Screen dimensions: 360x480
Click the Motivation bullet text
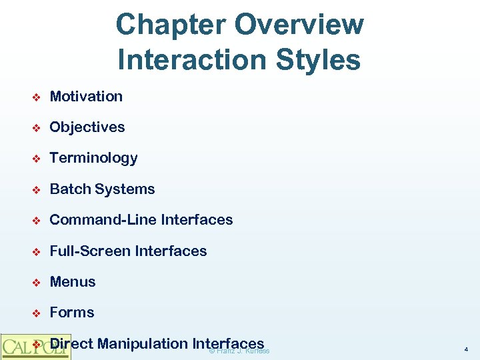(x=86, y=97)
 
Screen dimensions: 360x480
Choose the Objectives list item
(x=87, y=127)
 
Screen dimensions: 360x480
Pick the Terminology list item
(x=93, y=158)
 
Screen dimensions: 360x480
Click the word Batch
(x=70, y=189)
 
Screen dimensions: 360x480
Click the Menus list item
(x=73, y=282)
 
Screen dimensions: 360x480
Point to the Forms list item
(x=72, y=313)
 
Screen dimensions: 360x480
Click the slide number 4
(x=465, y=349)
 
